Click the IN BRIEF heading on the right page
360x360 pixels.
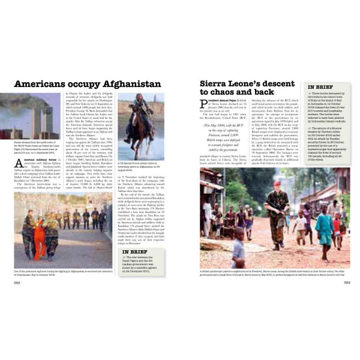pyautogui.click(x=321, y=87)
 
